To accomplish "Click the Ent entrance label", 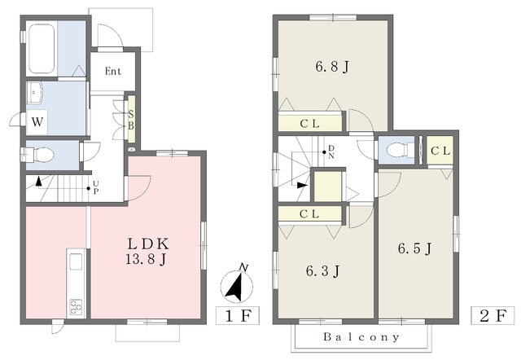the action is [113, 71].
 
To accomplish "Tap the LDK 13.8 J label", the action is [147, 252].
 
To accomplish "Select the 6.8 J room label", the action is [332, 68].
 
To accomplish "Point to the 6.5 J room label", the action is [414, 248].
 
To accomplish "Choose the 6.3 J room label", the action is [322, 271].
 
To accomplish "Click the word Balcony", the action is [361, 337].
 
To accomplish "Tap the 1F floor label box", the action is [237, 315].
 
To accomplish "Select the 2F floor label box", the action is [493, 315].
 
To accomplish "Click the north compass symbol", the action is [237, 284].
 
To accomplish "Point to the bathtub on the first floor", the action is [42, 49].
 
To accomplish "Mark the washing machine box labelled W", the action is [37, 121].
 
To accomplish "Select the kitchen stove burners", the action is [76, 307].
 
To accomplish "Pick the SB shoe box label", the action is [131, 120].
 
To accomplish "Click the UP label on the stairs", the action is [96, 187].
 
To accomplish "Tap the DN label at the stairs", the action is [331, 151].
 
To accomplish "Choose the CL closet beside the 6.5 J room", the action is [440, 151].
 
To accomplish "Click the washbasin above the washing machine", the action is [34, 92].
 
